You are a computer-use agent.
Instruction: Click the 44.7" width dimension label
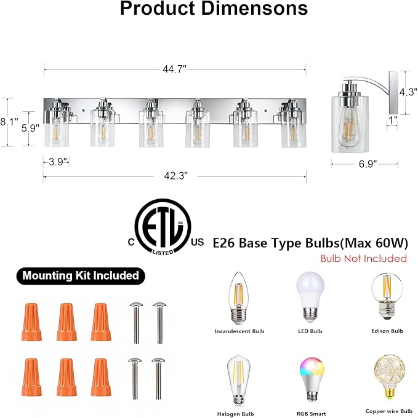[x=174, y=69]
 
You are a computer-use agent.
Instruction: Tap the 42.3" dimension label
[x=175, y=176]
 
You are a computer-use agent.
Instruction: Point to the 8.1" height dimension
[x=9, y=122]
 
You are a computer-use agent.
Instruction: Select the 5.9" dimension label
[x=30, y=128]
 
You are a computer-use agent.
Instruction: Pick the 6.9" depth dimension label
[x=368, y=164]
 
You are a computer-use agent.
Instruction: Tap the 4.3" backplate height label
[x=408, y=92]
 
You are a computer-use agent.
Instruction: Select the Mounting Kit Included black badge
[x=81, y=275]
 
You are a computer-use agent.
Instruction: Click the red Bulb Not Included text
[x=364, y=258]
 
